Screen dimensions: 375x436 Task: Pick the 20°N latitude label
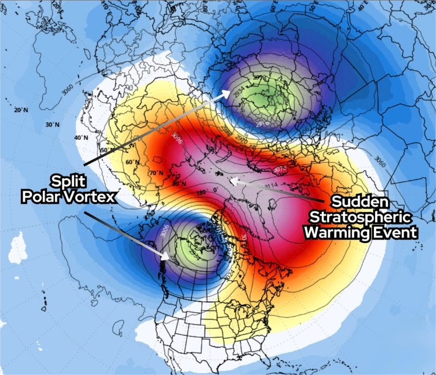point(21,110)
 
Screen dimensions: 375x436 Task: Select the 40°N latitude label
point(81,138)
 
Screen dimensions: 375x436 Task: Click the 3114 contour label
point(271,185)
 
